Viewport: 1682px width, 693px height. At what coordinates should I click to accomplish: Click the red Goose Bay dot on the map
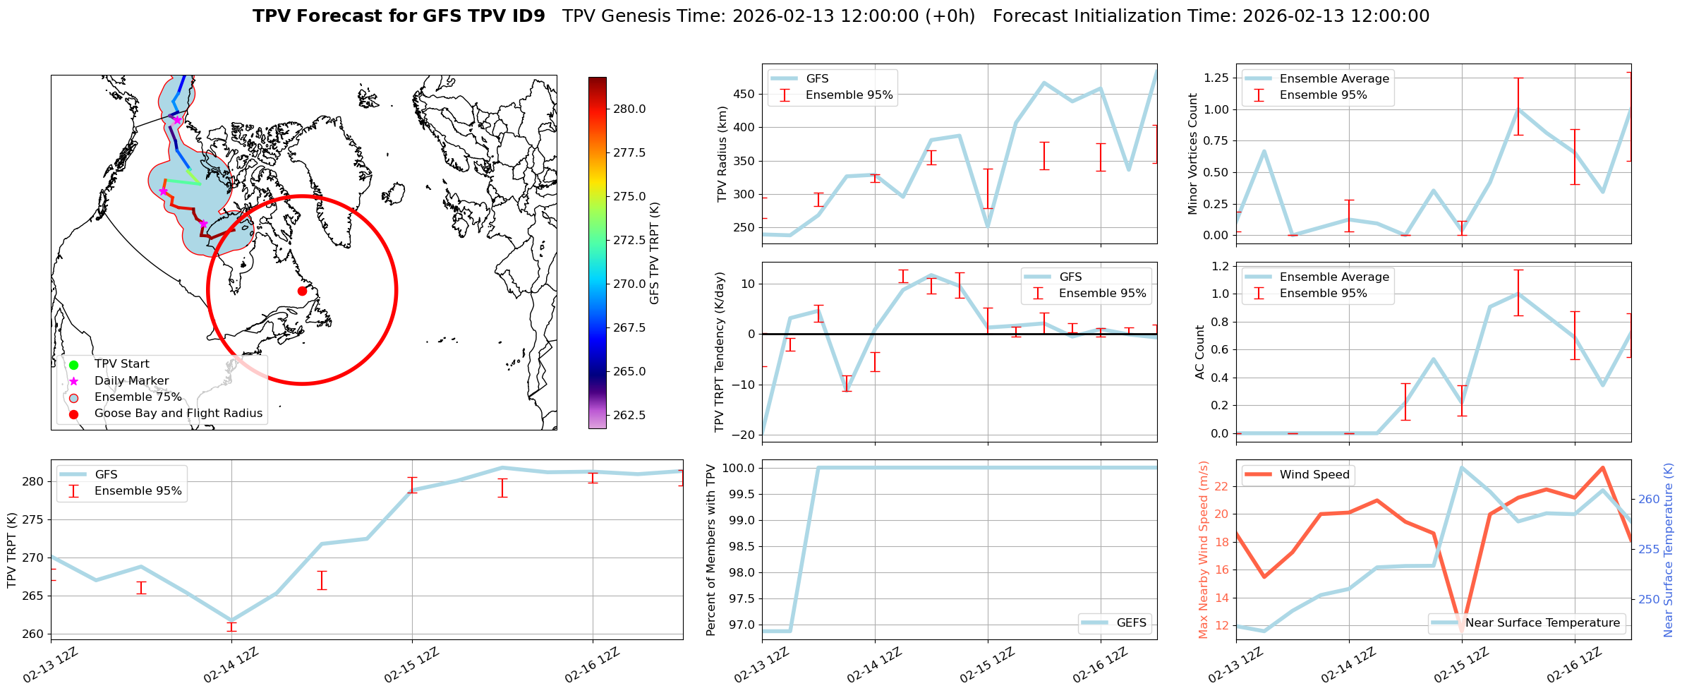click(302, 291)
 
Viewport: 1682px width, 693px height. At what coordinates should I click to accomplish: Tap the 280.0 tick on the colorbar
click(629, 109)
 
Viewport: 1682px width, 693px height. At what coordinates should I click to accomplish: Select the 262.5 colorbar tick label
click(629, 415)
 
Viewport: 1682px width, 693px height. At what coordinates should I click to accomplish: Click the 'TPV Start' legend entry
click(121, 364)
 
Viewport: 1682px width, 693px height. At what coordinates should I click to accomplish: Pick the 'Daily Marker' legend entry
click(131, 380)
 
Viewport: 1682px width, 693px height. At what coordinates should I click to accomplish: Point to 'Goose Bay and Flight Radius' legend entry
click(178, 414)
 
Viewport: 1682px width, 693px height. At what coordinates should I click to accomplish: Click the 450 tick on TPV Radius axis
click(745, 95)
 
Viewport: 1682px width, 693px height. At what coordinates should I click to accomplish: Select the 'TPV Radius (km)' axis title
click(722, 154)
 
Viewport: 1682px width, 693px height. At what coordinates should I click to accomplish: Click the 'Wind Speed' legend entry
click(1314, 475)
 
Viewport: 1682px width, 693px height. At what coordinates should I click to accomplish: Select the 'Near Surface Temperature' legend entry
click(1542, 623)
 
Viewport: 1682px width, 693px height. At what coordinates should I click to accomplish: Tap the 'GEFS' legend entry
click(1131, 623)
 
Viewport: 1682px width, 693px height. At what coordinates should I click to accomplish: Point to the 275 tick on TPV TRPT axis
click(34, 520)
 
